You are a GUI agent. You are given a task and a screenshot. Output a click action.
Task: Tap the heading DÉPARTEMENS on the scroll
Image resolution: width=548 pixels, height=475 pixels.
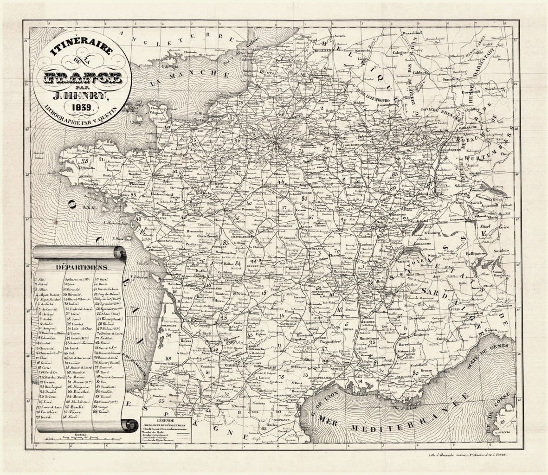82,268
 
